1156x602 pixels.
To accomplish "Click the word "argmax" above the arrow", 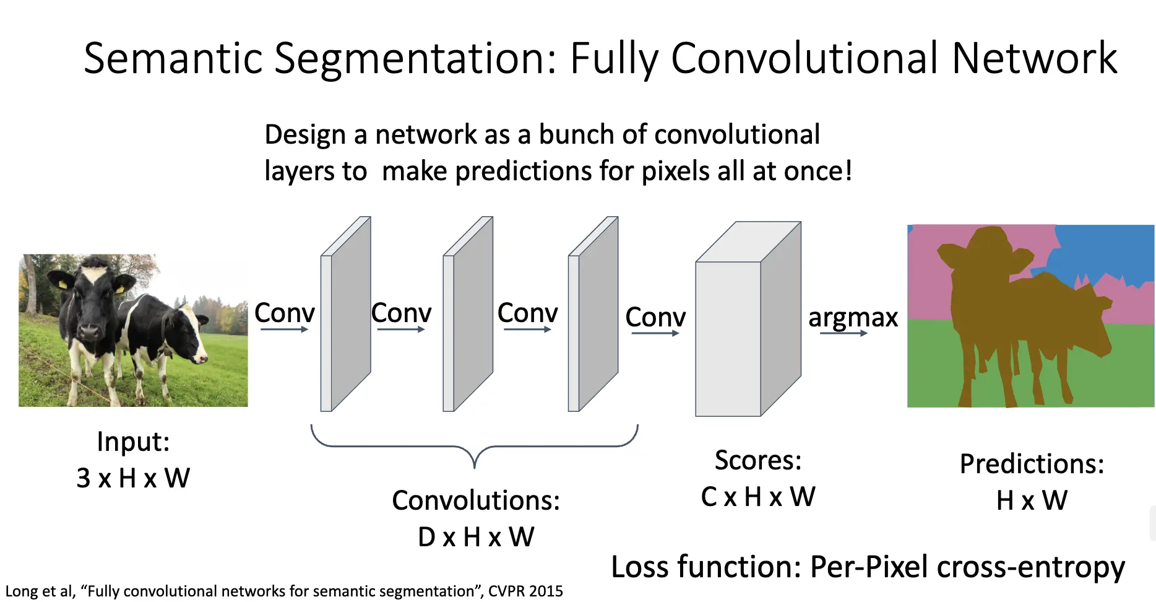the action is click(853, 318).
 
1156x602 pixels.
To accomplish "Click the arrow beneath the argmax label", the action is click(843, 333).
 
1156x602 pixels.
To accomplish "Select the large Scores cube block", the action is click(748, 319).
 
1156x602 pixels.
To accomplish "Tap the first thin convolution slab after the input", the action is click(345, 314).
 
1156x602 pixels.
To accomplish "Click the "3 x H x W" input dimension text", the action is click(133, 478).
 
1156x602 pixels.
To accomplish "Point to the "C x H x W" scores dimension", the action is click(758, 497).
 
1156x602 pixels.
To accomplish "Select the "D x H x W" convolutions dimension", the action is click(476, 537).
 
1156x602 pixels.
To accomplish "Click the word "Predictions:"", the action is click(1032, 464).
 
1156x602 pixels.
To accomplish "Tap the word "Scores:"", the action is click(758, 460).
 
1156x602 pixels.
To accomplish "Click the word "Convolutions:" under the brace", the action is click(476, 500).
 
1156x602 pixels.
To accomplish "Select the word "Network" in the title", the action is click(1035, 58).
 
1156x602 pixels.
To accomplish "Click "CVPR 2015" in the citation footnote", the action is click(525, 591).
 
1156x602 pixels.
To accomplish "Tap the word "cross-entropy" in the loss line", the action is click(1031, 567).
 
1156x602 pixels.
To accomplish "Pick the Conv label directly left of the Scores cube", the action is click(655, 317).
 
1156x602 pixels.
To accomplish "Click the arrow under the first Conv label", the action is click(284, 329).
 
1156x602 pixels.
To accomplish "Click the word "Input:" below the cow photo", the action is click(133, 442).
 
